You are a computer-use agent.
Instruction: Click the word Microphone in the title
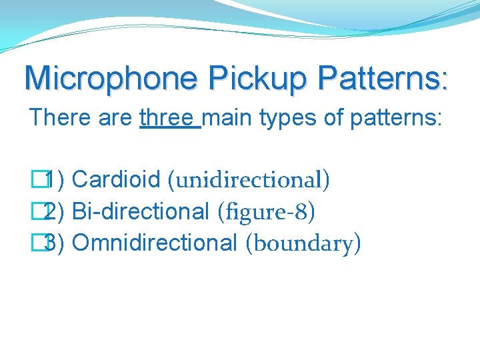pyautogui.click(x=111, y=78)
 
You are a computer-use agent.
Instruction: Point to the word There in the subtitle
pyautogui.click(x=58, y=117)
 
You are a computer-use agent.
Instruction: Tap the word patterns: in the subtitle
pyautogui.click(x=396, y=119)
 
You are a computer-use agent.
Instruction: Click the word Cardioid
pyautogui.click(x=116, y=179)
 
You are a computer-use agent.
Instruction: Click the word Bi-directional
pyautogui.click(x=141, y=211)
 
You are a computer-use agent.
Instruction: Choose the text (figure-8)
pyautogui.click(x=267, y=212)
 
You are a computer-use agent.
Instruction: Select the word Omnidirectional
pyautogui.click(x=155, y=243)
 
